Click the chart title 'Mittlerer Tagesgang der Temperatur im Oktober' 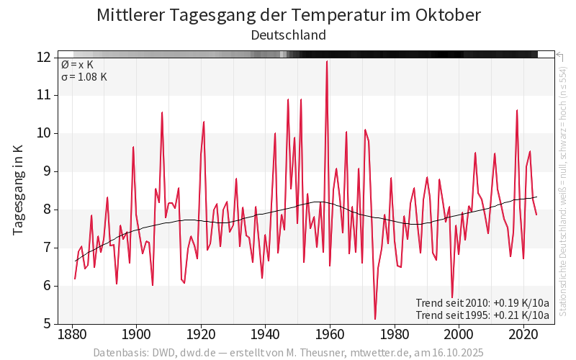point(288,15)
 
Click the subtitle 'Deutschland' point(288,35)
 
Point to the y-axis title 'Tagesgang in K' point(19,189)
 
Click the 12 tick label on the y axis point(45,57)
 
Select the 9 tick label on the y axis point(48,171)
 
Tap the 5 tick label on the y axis point(48,324)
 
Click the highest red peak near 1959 point(327,61)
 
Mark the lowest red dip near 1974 point(375,319)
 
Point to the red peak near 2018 point(517,110)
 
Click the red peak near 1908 point(162,112)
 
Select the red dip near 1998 point(452,297)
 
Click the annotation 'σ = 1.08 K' point(84,77)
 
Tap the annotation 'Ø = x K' point(77,65)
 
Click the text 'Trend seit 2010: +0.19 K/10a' point(482,302)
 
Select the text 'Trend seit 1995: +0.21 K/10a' point(482,315)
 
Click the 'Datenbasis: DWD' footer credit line point(288,353)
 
